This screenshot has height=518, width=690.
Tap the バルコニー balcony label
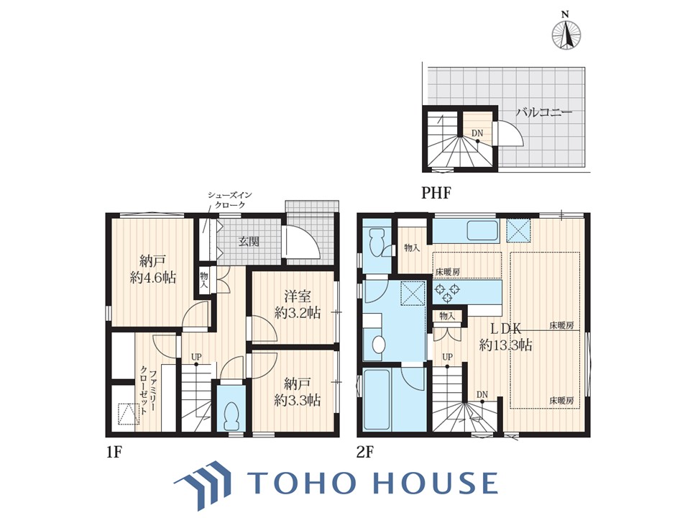pos(544,112)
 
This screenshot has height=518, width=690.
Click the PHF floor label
pos(436,193)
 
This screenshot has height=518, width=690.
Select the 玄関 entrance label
pos(249,242)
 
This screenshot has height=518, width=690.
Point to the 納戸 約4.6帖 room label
pos(152,269)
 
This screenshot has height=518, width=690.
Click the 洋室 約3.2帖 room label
pos(298,304)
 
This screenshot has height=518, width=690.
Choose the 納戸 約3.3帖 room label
pos(297,391)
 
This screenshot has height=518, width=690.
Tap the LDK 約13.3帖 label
pos(505,336)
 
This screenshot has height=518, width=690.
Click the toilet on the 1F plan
pos(231,415)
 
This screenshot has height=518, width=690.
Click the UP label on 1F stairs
pos(196,356)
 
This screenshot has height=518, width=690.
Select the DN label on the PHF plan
pos(477,133)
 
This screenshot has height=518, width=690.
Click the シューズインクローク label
pos(229,200)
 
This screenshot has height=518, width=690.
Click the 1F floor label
pos(114,453)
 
